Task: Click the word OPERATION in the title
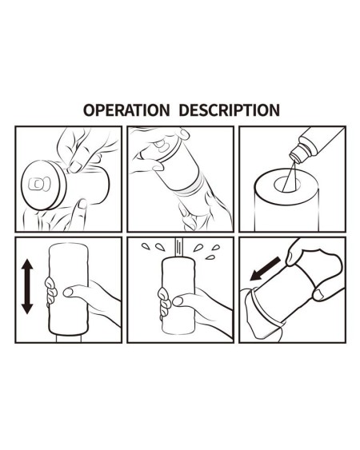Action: (x=126, y=110)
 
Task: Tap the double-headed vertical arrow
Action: (x=26, y=285)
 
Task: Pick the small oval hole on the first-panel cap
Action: (x=36, y=183)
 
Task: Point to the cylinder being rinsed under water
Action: (x=177, y=300)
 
